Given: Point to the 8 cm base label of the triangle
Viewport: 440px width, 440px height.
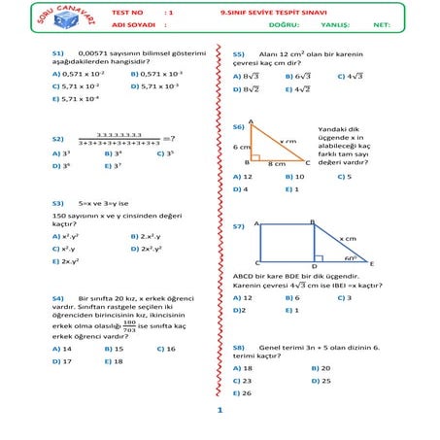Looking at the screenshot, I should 276,164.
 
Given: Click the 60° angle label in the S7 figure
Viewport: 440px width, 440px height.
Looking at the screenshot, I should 351,258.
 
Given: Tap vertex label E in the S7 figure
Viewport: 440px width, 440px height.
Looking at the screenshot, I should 372,263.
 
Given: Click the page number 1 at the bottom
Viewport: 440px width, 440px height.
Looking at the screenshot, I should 220,411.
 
